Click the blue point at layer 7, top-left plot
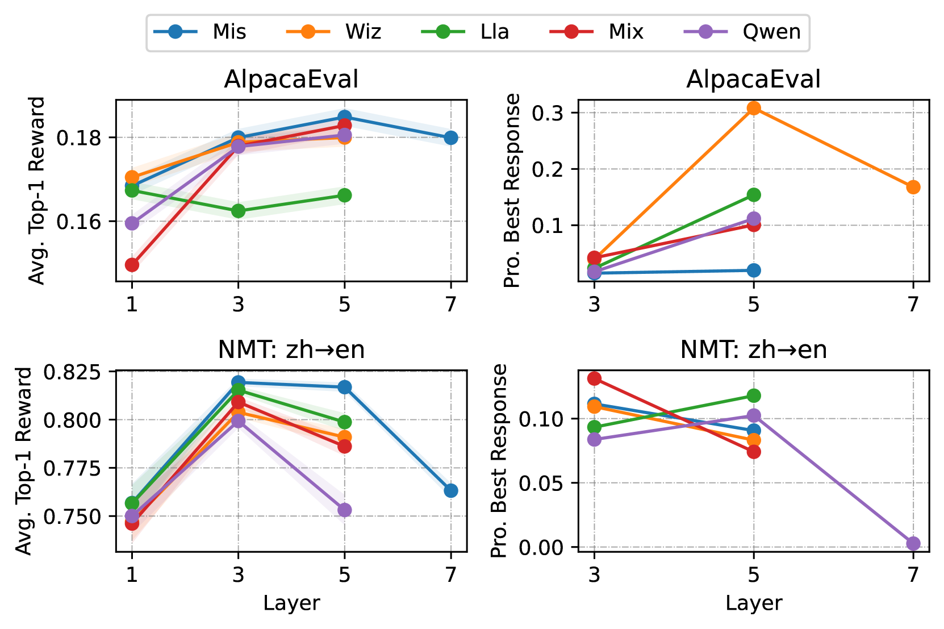pos(451,138)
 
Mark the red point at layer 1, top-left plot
pos(132,265)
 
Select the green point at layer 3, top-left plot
pos(238,211)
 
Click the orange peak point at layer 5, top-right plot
pos(754,108)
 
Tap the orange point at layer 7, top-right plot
pos(913,187)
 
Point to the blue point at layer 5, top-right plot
pos(754,270)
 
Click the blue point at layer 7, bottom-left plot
pos(451,490)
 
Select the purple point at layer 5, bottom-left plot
pos(345,510)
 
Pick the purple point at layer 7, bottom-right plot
pos(913,544)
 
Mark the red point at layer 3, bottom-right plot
pos(594,378)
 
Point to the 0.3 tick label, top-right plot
pos(548,113)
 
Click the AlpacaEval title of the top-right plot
pos(753,80)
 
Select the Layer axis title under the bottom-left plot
pos(291,603)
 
